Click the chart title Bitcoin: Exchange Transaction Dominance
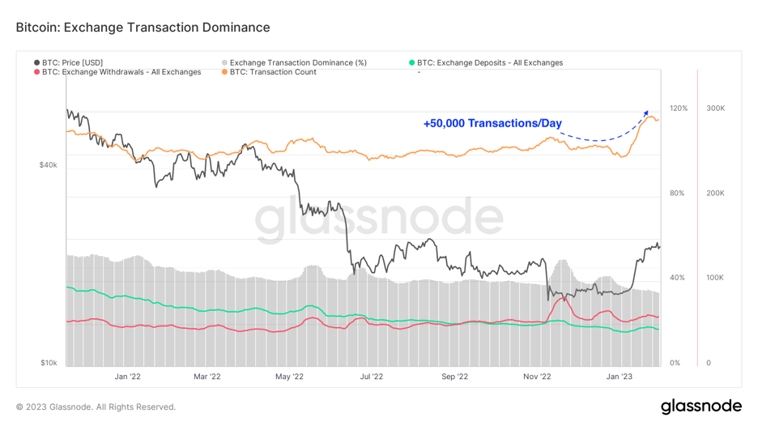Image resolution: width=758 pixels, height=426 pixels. coord(143,28)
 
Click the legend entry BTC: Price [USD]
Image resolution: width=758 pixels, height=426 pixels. coord(72,62)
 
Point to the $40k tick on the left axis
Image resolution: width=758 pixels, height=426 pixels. coord(48,165)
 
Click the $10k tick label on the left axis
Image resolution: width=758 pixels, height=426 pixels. coord(48,363)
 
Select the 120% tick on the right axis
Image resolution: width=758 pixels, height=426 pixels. coord(678,109)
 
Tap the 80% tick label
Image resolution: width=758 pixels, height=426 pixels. coord(678,194)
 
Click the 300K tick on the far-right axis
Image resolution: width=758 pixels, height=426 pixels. coord(715,109)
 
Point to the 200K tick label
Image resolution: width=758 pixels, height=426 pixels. coord(715,194)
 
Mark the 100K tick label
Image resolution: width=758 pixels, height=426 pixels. coord(715,278)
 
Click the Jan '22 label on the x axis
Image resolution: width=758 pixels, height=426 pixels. coord(127,376)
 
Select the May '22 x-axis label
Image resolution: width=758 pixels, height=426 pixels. coord(289,376)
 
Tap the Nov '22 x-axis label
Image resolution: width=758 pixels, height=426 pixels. coord(537,376)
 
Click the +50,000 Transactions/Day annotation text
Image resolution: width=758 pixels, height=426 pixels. coord(492,124)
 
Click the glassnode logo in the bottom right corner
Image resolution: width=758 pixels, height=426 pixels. coord(701,406)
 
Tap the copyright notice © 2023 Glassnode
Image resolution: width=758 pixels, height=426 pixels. coord(96,407)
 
